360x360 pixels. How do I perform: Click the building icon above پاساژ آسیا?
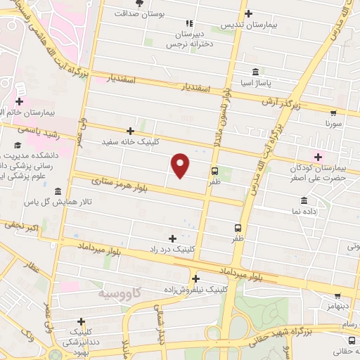[x=254, y=72]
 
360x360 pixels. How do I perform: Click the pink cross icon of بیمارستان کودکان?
[x=318, y=156]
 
